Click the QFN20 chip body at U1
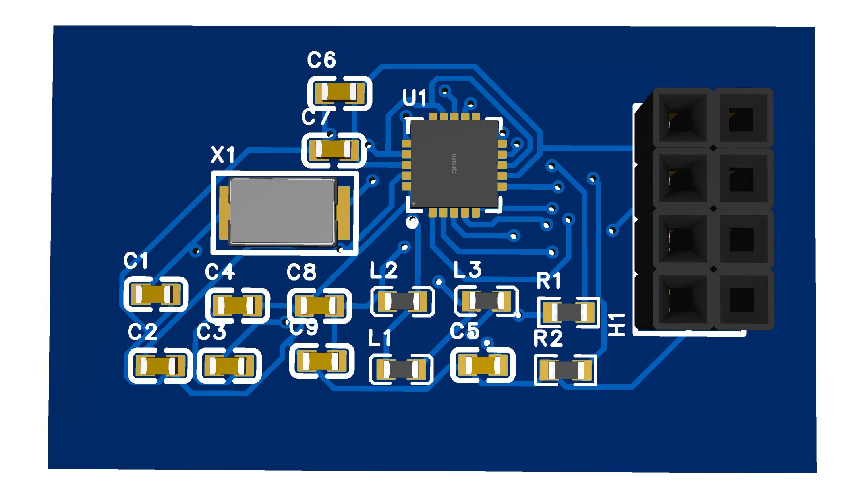click(454, 163)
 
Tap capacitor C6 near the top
click(340, 93)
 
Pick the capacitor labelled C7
click(333, 150)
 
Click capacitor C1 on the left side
click(155, 295)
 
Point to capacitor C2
click(160, 366)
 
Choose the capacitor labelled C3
click(229, 366)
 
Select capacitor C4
click(237, 305)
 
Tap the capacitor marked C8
click(319, 305)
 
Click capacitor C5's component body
click(483, 365)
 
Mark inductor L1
click(401, 369)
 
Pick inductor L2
click(402, 301)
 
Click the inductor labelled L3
click(486, 301)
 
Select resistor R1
click(568, 312)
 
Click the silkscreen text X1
click(223, 155)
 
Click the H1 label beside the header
click(616, 324)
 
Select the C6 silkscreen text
click(322, 60)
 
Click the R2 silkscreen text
click(548, 339)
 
